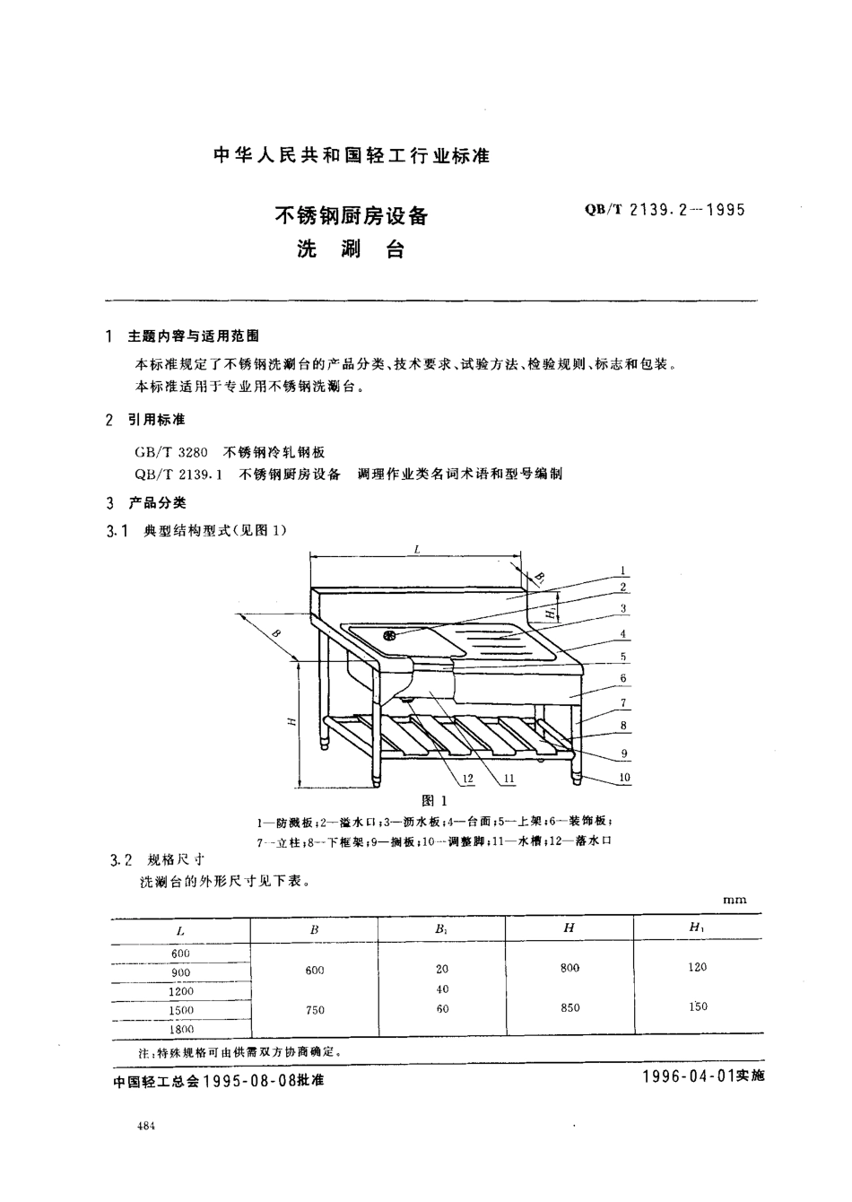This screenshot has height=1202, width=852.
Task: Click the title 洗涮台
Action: (x=351, y=249)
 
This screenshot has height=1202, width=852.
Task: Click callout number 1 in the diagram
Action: (x=622, y=571)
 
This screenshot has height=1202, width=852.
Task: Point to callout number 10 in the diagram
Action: (x=624, y=777)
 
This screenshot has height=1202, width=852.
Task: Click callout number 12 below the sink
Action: (x=467, y=778)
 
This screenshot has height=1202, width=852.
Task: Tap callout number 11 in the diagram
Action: (x=509, y=778)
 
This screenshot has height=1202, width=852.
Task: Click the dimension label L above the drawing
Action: (x=418, y=549)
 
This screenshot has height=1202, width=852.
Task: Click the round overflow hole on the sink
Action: (x=389, y=636)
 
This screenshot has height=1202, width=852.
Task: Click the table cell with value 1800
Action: (x=181, y=1030)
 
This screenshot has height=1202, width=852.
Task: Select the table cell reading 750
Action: (x=315, y=1010)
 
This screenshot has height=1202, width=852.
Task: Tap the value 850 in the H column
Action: (x=569, y=1007)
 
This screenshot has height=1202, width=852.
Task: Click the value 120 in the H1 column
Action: (x=697, y=967)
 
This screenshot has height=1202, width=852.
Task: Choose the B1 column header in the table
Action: (x=441, y=930)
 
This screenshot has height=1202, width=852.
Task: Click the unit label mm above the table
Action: (x=735, y=899)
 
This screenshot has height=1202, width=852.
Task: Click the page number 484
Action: (x=147, y=1127)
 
